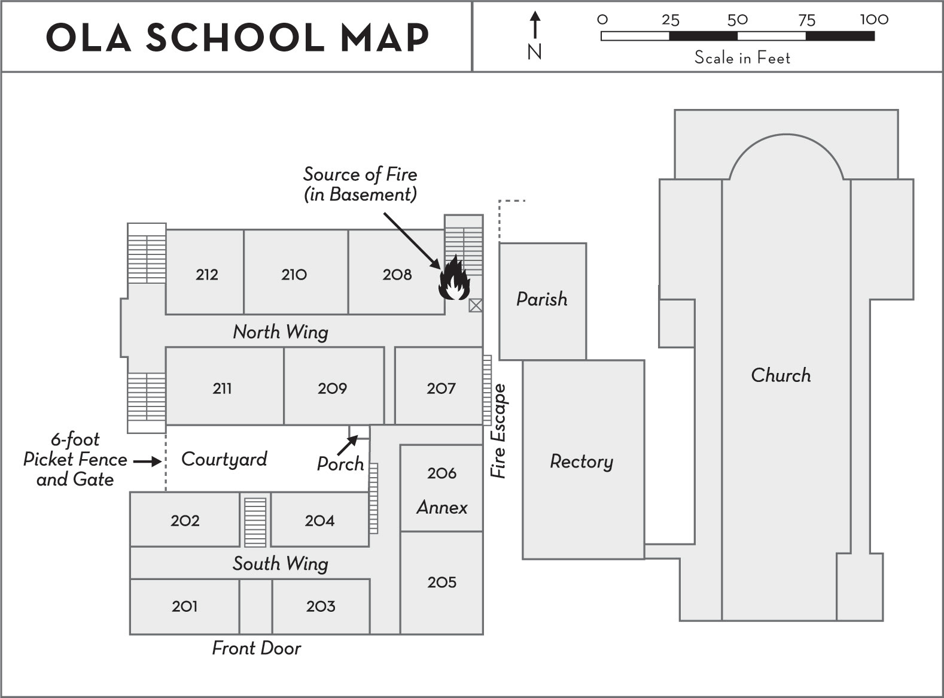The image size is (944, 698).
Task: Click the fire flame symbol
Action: click(454, 278)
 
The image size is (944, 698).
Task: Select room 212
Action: click(206, 274)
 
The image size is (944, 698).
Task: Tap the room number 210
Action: click(294, 274)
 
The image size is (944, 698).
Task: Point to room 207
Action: click(441, 388)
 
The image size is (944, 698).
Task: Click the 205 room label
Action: click(441, 582)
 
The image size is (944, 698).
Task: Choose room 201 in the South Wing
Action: click(184, 606)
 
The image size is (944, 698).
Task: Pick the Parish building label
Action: click(542, 299)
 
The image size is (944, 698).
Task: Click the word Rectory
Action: click(581, 462)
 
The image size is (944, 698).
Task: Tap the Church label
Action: click(781, 375)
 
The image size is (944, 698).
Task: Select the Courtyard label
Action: click(224, 459)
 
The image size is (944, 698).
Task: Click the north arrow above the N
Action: click(535, 26)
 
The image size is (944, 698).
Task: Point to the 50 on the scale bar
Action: click(737, 20)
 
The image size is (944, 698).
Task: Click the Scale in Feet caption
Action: click(742, 57)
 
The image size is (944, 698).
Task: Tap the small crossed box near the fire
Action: click(476, 306)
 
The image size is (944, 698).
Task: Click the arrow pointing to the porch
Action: click(347, 446)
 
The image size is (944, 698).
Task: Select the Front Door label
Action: click(257, 648)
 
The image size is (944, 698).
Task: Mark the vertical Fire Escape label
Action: click(498, 431)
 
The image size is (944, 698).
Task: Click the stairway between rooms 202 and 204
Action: click(255, 520)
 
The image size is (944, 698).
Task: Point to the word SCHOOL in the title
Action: click(235, 37)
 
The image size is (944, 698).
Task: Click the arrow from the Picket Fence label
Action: click(147, 462)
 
